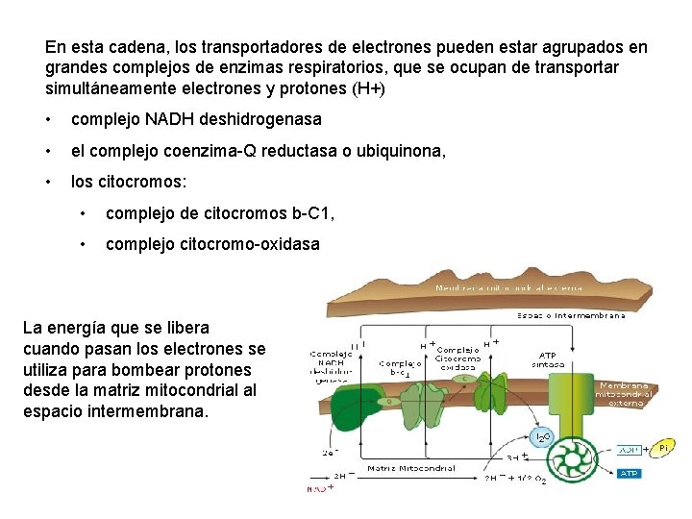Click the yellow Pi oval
pos(662,448)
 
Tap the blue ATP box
pos(629,474)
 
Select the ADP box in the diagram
pos(629,449)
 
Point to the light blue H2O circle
pos(542,438)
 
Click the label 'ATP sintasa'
pos(549,359)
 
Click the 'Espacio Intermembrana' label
pos(571,314)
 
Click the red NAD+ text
pos(320,488)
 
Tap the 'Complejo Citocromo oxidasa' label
pos(457,358)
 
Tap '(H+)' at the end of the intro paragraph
pos(370,88)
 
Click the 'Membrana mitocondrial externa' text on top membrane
pos(508,287)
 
